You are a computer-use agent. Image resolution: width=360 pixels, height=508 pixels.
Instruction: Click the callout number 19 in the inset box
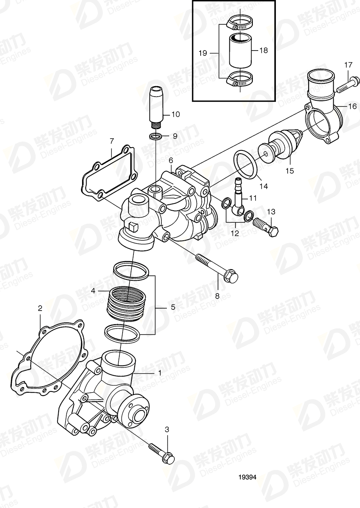pyautogui.click(x=203, y=53)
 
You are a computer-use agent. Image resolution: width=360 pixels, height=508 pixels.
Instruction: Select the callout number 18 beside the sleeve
pyautogui.click(x=264, y=51)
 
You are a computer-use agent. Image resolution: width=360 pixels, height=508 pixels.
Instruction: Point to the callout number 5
pyautogui.click(x=173, y=307)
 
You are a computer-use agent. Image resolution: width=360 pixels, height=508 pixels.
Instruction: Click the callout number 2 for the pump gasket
pyautogui.click(x=40, y=309)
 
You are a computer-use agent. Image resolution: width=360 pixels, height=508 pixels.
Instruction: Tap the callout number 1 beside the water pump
pyautogui.click(x=160, y=373)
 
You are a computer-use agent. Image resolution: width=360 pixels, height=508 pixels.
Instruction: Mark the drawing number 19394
pyautogui.click(x=247, y=477)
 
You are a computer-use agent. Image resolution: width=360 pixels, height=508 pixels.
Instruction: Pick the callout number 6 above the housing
pyautogui.click(x=171, y=160)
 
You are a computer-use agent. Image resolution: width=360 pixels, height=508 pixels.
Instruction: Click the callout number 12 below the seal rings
pyautogui.click(x=235, y=233)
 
